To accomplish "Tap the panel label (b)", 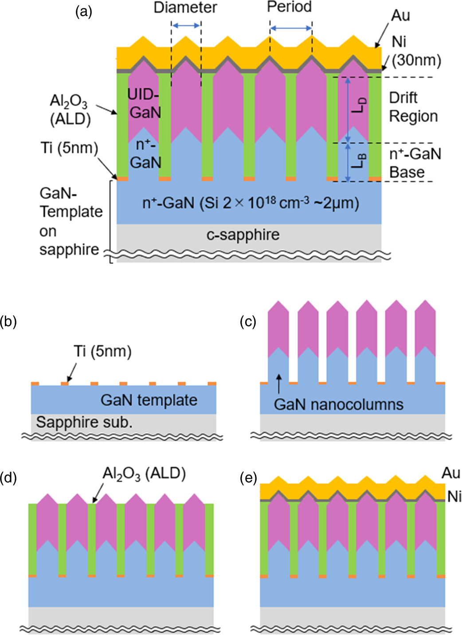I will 8,321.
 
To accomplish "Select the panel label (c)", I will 248,321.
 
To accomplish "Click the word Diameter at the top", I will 185,8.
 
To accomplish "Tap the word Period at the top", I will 289,7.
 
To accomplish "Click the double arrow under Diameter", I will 186,27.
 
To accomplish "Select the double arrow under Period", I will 291,28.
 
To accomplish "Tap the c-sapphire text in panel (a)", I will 243,234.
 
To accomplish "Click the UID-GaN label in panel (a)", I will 145,103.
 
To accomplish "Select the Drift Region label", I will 413,107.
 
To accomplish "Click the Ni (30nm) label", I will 415,51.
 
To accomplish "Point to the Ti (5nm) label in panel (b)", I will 102,351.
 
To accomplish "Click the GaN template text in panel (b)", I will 149,400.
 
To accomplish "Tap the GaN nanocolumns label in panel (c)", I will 338,404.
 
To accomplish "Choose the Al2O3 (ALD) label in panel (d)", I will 144,474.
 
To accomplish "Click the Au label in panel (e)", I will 450,473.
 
